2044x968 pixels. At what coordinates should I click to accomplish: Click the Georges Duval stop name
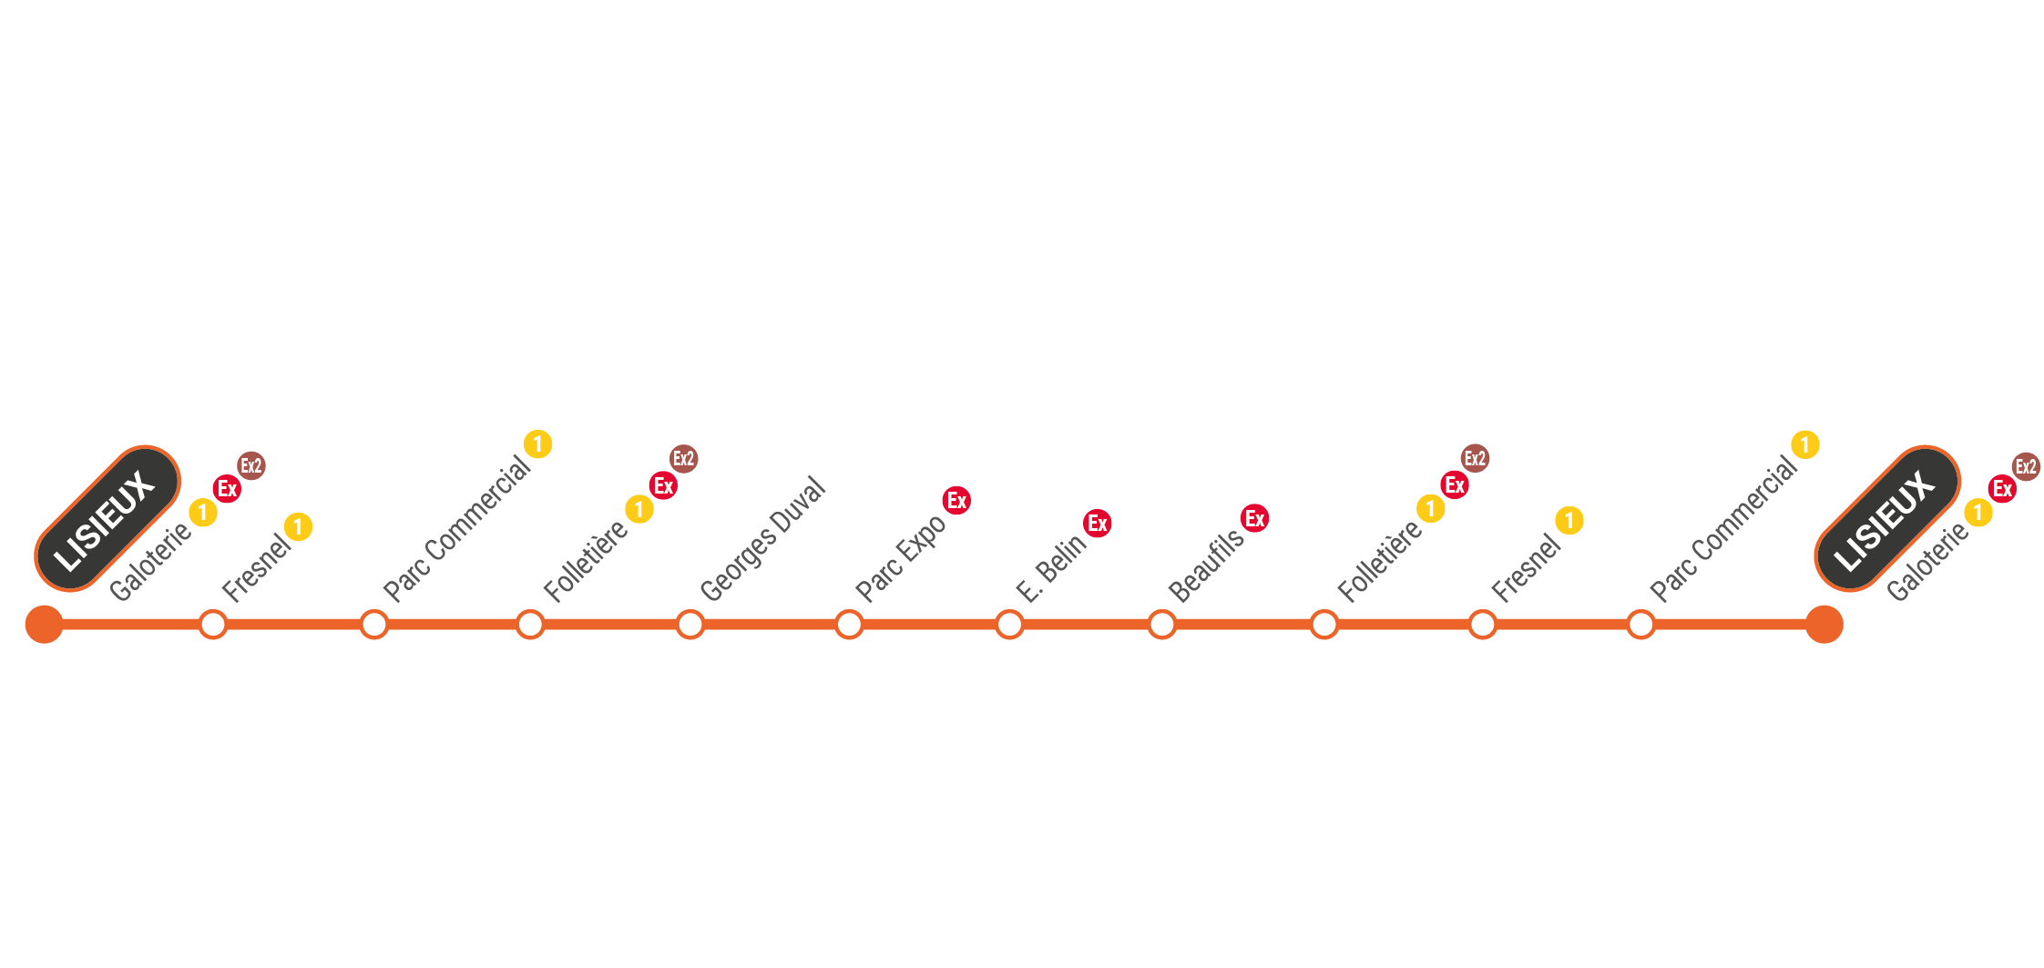pos(762,539)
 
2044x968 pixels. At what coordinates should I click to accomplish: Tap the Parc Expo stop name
pos(900,557)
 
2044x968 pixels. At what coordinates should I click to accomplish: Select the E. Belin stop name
pos(1050,568)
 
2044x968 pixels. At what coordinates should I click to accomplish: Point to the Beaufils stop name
pos(1205,566)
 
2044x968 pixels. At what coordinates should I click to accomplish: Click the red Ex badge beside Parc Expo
pos(956,500)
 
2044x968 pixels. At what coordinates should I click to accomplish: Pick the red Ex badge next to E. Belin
pos(1098,523)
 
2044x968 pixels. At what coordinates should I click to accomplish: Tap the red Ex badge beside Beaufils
pos(1255,518)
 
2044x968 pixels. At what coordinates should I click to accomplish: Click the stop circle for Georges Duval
pos(690,625)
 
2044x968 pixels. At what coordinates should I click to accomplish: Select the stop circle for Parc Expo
pos(849,625)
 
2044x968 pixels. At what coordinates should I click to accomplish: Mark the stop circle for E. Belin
pos(1009,625)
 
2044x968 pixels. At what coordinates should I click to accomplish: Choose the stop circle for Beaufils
pos(1162,625)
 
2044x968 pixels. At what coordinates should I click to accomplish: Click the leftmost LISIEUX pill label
pos(107,518)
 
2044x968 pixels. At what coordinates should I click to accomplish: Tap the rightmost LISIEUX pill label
pos(1886,518)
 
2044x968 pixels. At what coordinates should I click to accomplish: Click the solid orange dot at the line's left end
pos(45,625)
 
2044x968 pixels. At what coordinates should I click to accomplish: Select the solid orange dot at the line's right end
pos(1824,625)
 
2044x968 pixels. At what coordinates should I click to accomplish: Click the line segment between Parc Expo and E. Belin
pos(929,625)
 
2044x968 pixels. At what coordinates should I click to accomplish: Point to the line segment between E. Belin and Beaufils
pos(1086,625)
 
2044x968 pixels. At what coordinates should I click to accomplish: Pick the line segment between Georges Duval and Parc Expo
pos(770,625)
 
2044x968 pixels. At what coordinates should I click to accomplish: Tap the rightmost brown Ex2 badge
pos(2026,466)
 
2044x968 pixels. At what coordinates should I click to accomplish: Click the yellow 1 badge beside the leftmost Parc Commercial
pos(538,443)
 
